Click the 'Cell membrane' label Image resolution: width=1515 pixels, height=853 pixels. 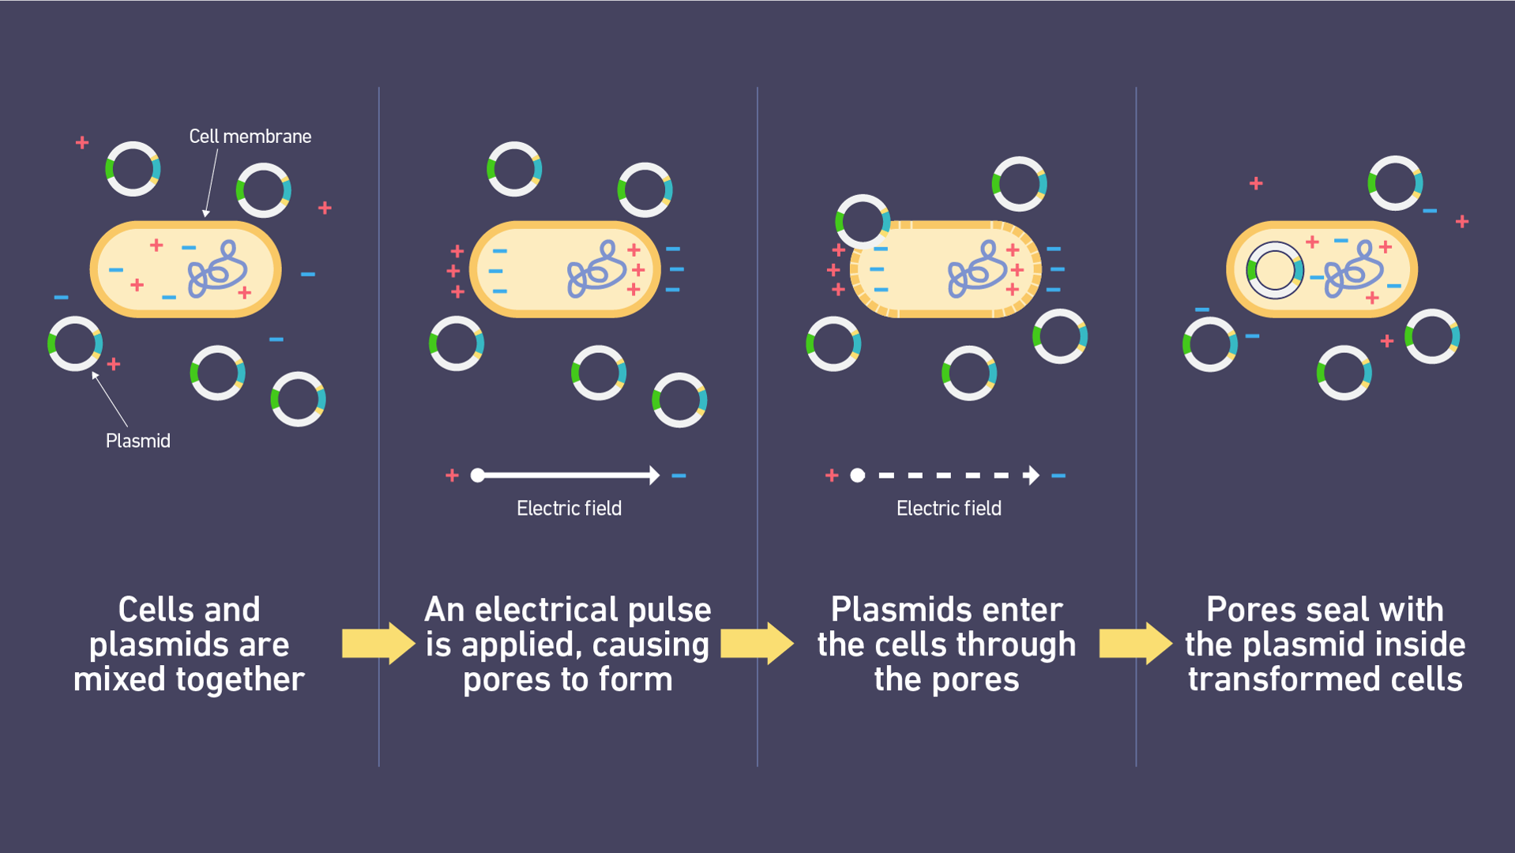point(250,137)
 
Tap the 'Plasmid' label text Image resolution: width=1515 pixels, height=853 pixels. point(138,441)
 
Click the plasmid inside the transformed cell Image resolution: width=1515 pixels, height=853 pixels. point(1274,270)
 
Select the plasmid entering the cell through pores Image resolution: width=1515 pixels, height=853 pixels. point(863,221)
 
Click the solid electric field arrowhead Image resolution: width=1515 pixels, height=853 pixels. point(654,475)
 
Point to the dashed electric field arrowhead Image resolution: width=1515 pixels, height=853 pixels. point(1031,475)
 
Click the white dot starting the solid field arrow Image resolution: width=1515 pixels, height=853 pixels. point(477,475)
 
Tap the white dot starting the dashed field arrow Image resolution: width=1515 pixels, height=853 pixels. point(858,475)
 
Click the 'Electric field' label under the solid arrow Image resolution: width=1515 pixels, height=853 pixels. point(569,509)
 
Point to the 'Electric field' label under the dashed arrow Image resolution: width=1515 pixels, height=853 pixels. point(949,509)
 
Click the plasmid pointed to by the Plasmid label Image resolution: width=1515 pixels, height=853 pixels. point(75,344)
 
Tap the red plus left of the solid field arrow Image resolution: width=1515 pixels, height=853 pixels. point(452,475)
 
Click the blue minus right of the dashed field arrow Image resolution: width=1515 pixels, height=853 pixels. point(1058,475)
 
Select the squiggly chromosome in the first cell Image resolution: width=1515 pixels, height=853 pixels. point(217,270)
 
